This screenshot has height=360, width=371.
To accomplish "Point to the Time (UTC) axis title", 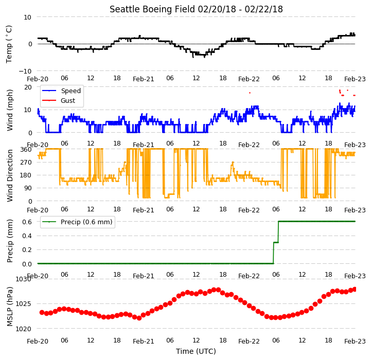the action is [x=196, y=351].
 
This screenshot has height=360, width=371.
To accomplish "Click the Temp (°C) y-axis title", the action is [x=9, y=44].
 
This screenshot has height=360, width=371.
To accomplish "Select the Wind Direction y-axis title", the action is [x=10, y=175].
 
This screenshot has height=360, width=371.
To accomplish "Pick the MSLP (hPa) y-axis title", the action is [x=10, y=307].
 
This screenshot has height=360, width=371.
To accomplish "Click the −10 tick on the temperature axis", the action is [x=25, y=71].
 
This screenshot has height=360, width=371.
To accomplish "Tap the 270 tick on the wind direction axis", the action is [x=26, y=163].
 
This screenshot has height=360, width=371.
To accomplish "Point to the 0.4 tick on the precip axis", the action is [x=27, y=236].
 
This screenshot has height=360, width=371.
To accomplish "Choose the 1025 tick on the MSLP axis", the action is [x=24, y=304].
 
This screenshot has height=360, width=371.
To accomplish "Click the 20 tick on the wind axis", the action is [x=28, y=87].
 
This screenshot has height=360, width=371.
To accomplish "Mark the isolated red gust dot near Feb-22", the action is [x=250, y=93].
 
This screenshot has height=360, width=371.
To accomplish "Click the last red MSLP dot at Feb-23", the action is [x=355, y=289].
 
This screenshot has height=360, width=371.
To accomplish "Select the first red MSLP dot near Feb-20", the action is [x=42, y=313].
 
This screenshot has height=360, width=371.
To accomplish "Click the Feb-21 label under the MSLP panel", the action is [x=144, y=341].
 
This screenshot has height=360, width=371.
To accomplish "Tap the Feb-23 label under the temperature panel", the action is [x=355, y=79].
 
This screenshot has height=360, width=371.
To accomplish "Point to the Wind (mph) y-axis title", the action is [x=10, y=110].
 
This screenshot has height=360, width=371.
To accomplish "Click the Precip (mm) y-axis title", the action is [x=10, y=241].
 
